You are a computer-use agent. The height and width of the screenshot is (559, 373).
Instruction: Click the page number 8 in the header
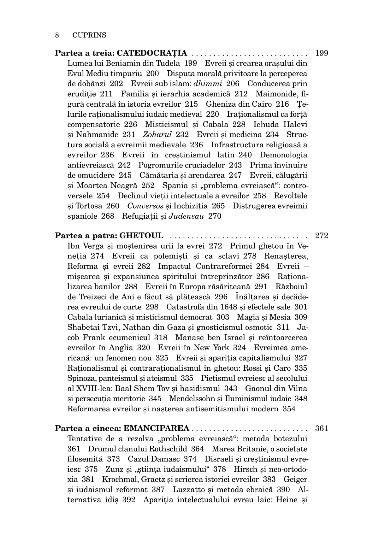[57, 35]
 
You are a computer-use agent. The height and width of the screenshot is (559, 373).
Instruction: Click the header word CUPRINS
[89, 35]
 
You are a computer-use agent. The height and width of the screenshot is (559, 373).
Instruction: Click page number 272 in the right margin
[322, 235]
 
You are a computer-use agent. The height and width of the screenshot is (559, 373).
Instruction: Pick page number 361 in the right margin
[322, 428]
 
